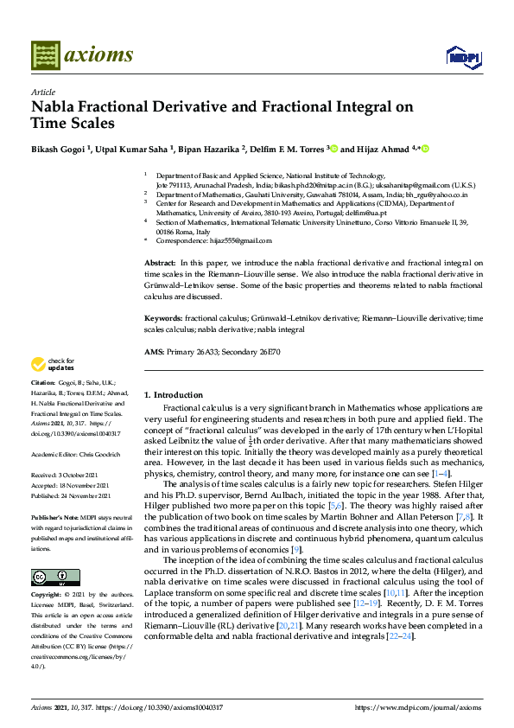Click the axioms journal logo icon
coord(45,55)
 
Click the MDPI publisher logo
coord(463,57)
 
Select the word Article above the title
coord(42,92)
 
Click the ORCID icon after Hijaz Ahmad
coord(425,149)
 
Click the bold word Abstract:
coord(160,261)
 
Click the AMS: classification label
coord(154,352)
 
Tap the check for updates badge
coord(54,364)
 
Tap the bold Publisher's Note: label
coord(56,517)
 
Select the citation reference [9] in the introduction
coord(296,550)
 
